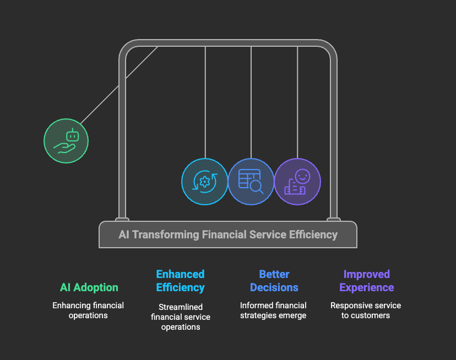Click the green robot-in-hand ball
click(x=66, y=141)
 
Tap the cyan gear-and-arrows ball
click(x=205, y=182)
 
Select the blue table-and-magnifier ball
click(x=251, y=182)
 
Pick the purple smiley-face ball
click(x=297, y=182)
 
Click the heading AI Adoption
click(x=89, y=287)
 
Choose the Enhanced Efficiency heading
click(x=180, y=281)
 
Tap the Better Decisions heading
click(x=274, y=281)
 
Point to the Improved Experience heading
click(x=367, y=281)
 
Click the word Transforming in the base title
click(x=165, y=234)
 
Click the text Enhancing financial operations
click(x=88, y=310)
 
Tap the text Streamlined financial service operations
click(x=181, y=317)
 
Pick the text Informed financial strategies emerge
click(x=273, y=310)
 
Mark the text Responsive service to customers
click(x=366, y=310)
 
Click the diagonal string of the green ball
click(x=120, y=85)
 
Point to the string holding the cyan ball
click(x=205, y=102)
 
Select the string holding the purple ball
click(x=297, y=102)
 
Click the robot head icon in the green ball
click(x=72, y=135)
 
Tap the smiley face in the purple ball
click(x=302, y=176)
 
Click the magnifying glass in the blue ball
click(x=257, y=188)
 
